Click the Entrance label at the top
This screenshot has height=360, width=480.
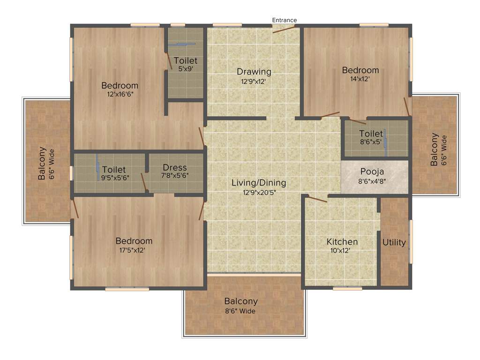tap(285, 20)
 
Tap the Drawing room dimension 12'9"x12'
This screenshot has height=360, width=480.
tap(254, 81)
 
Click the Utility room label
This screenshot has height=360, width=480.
tap(394, 242)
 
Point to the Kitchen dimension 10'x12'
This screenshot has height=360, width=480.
tap(342, 251)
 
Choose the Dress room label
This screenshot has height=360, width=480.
tap(175, 167)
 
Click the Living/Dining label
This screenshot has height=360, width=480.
tap(259, 183)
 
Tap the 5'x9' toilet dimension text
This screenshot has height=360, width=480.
tap(186, 69)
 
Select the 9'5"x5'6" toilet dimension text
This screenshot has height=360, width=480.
tap(115, 178)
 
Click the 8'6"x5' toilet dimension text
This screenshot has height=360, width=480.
tap(371, 141)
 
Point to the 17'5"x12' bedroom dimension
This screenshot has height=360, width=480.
tap(132, 250)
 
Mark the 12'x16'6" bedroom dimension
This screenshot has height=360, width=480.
tap(120, 94)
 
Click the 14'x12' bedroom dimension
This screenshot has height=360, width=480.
tap(360, 79)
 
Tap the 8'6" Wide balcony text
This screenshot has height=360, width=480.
tap(240, 310)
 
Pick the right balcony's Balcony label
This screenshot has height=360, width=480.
tap(434, 150)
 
